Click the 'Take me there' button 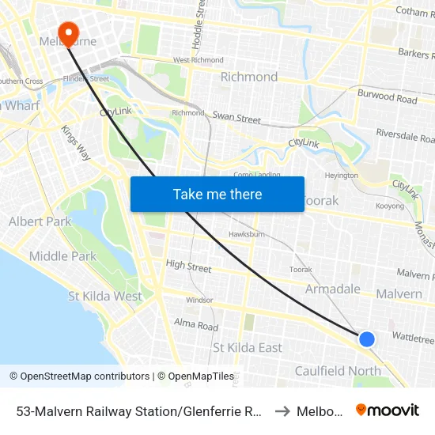(x=217, y=194)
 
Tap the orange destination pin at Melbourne (x=68, y=33)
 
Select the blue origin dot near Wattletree (x=366, y=339)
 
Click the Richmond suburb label (x=248, y=77)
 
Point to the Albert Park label (x=40, y=222)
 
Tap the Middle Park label (x=62, y=256)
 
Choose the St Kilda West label (x=105, y=297)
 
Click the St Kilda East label (x=248, y=348)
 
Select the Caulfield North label (x=338, y=371)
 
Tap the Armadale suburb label (x=333, y=289)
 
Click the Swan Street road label (x=236, y=119)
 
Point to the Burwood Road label (x=387, y=98)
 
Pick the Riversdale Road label (x=406, y=135)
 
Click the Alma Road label (x=196, y=326)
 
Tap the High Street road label (x=188, y=267)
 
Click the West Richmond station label (x=198, y=60)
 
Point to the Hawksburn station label (x=246, y=235)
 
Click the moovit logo (x=388, y=410)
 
